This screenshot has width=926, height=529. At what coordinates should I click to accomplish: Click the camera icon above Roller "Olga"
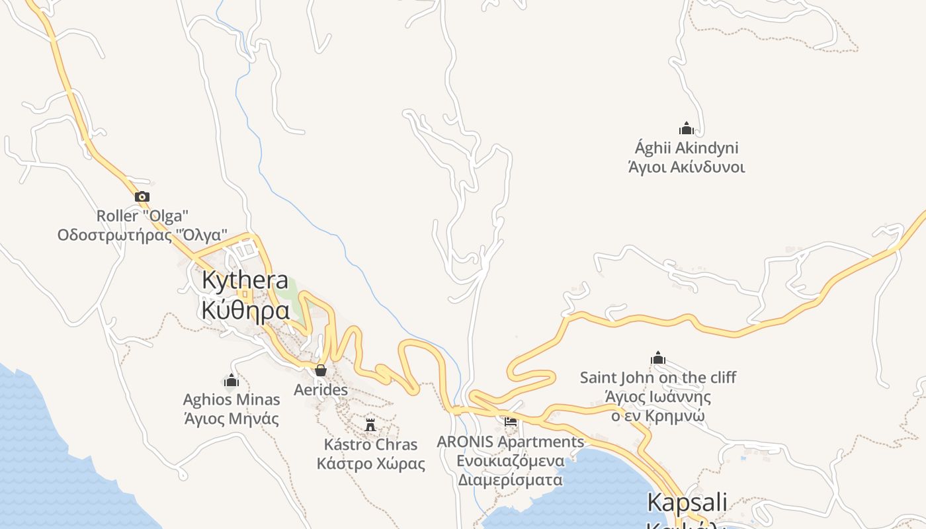click(x=142, y=196)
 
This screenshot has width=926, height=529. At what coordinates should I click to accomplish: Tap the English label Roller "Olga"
click(x=142, y=216)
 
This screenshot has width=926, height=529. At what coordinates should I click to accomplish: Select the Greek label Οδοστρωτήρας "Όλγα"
click(x=142, y=235)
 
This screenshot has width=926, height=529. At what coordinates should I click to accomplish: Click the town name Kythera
click(x=245, y=280)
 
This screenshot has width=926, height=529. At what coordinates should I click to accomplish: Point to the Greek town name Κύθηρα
click(x=245, y=309)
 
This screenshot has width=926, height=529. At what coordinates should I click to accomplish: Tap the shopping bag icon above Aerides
click(x=321, y=370)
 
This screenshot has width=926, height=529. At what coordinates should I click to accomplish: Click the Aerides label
click(x=321, y=390)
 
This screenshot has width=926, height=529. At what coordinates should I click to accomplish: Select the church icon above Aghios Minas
click(x=232, y=380)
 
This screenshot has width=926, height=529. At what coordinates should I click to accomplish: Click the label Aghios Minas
click(x=232, y=399)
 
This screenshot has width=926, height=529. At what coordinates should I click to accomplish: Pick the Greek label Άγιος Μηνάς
click(x=232, y=419)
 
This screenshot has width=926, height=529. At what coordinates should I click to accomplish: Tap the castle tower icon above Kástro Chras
click(x=370, y=424)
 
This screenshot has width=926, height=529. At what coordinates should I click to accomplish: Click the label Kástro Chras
click(x=370, y=444)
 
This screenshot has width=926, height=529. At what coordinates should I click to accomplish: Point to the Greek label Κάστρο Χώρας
click(x=370, y=463)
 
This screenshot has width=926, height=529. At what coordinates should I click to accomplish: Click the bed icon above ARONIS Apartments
click(x=511, y=421)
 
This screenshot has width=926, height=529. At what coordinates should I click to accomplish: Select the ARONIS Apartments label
click(x=511, y=441)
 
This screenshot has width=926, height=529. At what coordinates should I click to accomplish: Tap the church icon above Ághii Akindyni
click(x=687, y=128)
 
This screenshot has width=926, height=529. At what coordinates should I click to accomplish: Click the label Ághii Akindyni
click(x=687, y=147)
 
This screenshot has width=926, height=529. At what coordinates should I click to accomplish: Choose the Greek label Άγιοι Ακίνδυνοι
click(x=687, y=167)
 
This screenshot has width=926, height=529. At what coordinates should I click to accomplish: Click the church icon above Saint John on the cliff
click(x=658, y=358)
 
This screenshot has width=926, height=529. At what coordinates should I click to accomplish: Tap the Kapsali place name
click(x=687, y=502)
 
